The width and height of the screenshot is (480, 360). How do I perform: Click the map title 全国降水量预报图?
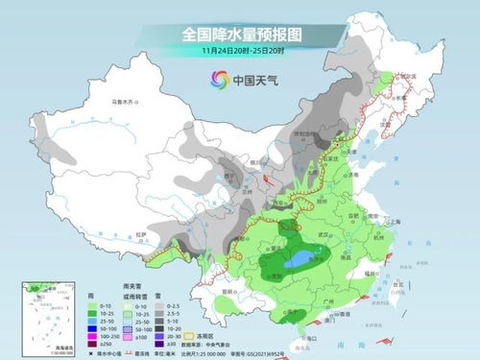click(x=240, y=35)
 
